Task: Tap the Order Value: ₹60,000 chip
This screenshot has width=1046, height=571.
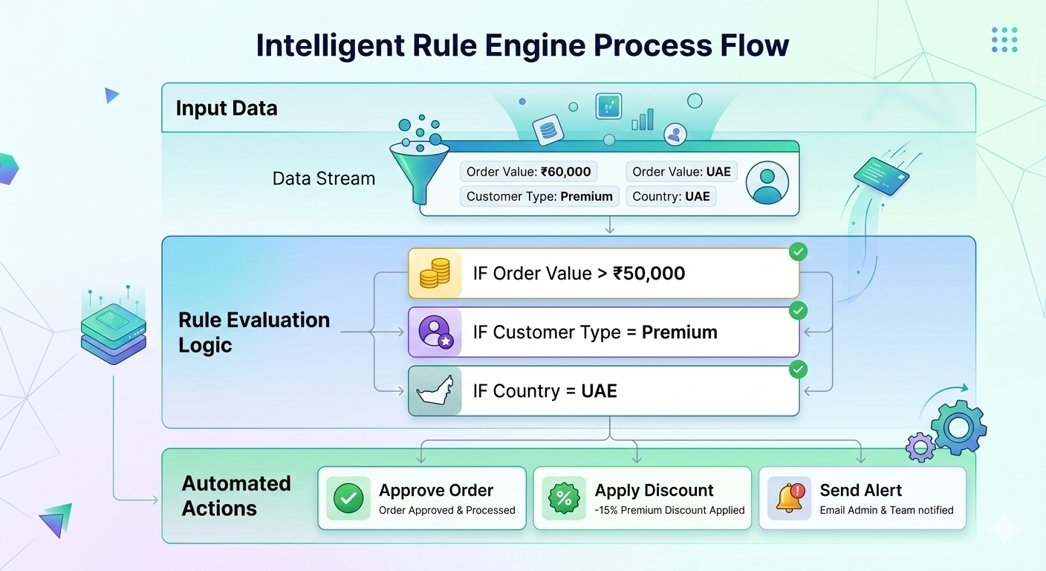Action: tap(528, 172)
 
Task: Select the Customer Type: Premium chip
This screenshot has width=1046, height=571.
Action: tap(539, 196)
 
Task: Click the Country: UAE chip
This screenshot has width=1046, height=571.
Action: tap(671, 196)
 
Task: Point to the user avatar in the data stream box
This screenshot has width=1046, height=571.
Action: tap(766, 183)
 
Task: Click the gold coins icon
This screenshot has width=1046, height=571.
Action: tap(435, 274)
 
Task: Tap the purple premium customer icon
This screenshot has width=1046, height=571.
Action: tap(435, 332)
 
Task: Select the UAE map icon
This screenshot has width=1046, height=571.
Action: tap(435, 391)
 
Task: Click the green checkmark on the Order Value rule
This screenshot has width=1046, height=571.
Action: tap(798, 252)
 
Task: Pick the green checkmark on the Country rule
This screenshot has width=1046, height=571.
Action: tap(798, 370)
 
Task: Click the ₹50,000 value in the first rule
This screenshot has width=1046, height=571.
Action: tap(649, 274)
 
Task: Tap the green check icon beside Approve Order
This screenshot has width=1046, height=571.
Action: tap(348, 498)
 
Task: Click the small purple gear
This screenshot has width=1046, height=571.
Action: tap(921, 447)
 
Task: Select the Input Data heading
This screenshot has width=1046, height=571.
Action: tap(227, 109)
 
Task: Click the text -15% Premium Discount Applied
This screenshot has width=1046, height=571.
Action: tap(669, 510)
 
